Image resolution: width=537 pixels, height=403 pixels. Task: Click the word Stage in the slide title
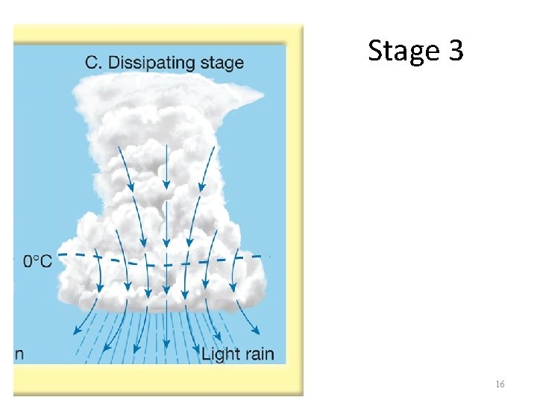pos(403,51)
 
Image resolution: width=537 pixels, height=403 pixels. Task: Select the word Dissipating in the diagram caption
pos(152,62)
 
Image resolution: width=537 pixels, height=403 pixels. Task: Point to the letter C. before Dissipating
pos(94,62)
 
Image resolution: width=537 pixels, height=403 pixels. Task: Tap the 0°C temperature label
pos(38,261)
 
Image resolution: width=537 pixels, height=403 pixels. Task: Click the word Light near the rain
pos(219,353)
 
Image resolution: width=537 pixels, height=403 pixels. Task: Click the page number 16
pos(500,384)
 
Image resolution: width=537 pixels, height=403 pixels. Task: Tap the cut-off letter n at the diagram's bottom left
pos(19,354)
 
